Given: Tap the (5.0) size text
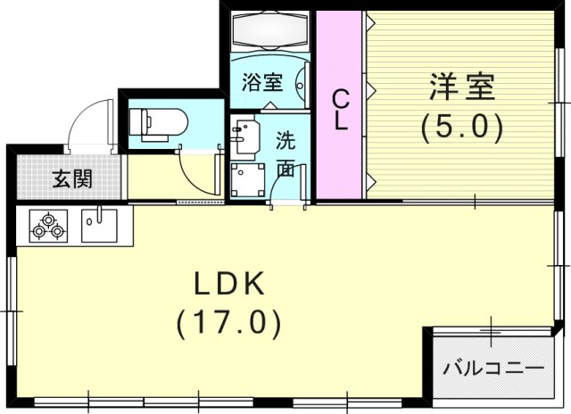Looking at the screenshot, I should pyautogui.click(x=461, y=128).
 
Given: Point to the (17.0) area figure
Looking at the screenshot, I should pyautogui.click(x=229, y=320).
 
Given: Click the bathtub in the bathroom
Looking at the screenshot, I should pyautogui.click(x=269, y=34).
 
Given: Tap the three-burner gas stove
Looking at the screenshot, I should pyautogui.click(x=48, y=226).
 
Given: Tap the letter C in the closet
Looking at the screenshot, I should pyautogui.click(x=340, y=95).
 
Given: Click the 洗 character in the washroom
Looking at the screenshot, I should pyautogui.click(x=285, y=140).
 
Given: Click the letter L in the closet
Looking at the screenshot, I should pyautogui.click(x=340, y=122).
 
